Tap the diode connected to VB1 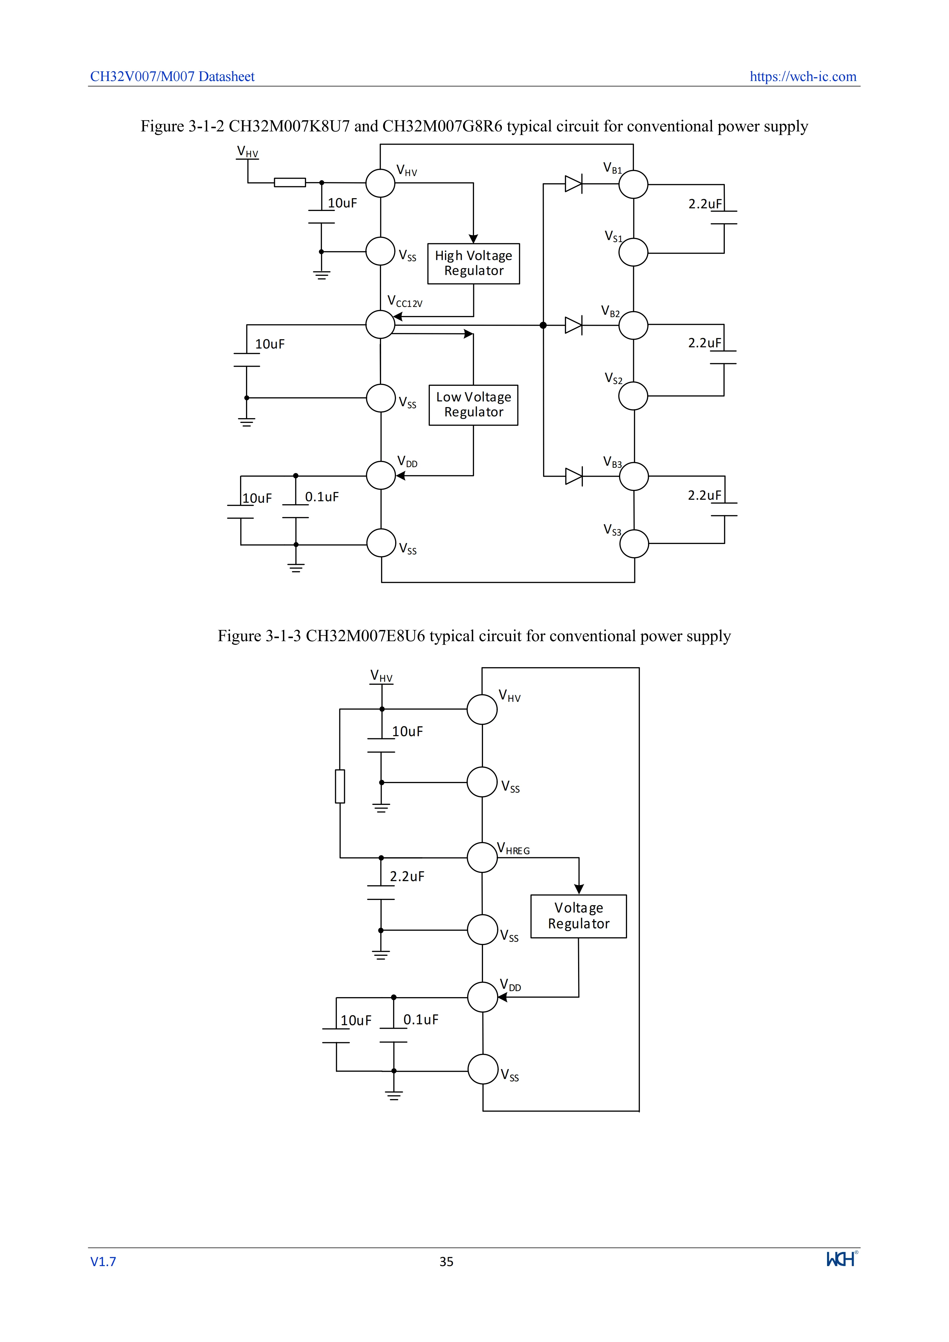[574, 184]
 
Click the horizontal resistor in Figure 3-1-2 [290, 182]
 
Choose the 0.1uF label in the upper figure [322, 497]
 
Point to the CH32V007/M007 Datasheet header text [172, 77]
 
